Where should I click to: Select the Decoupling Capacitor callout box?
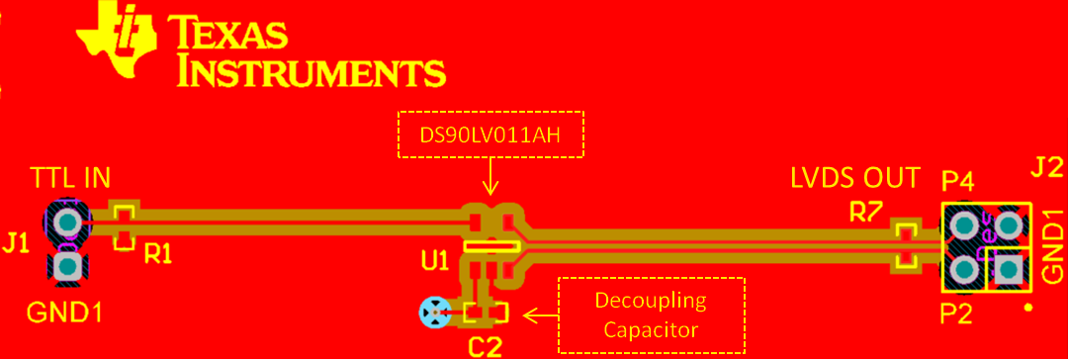pyautogui.click(x=651, y=315)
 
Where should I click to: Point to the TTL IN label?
pyautogui.click(x=70, y=179)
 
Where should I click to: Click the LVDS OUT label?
pyautogui.click(x=855, y=179)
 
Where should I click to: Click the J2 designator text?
pyautogui.click(x=1046, y=168)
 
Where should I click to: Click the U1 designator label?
pyautogui.click(x=434, y=261)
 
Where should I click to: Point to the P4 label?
pyautogui.click(x=957, y=181)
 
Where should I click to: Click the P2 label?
pyautogui.click(x=957, y=315)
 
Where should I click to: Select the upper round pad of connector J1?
pyautogui.click(x=67, y=221)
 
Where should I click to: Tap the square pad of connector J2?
pyautogui.click(x=1009, y=269)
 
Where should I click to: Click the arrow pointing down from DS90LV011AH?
pyautogui.click(x=490, y=180)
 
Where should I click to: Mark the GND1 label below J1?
pyautogui.click(x=64, y=313)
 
